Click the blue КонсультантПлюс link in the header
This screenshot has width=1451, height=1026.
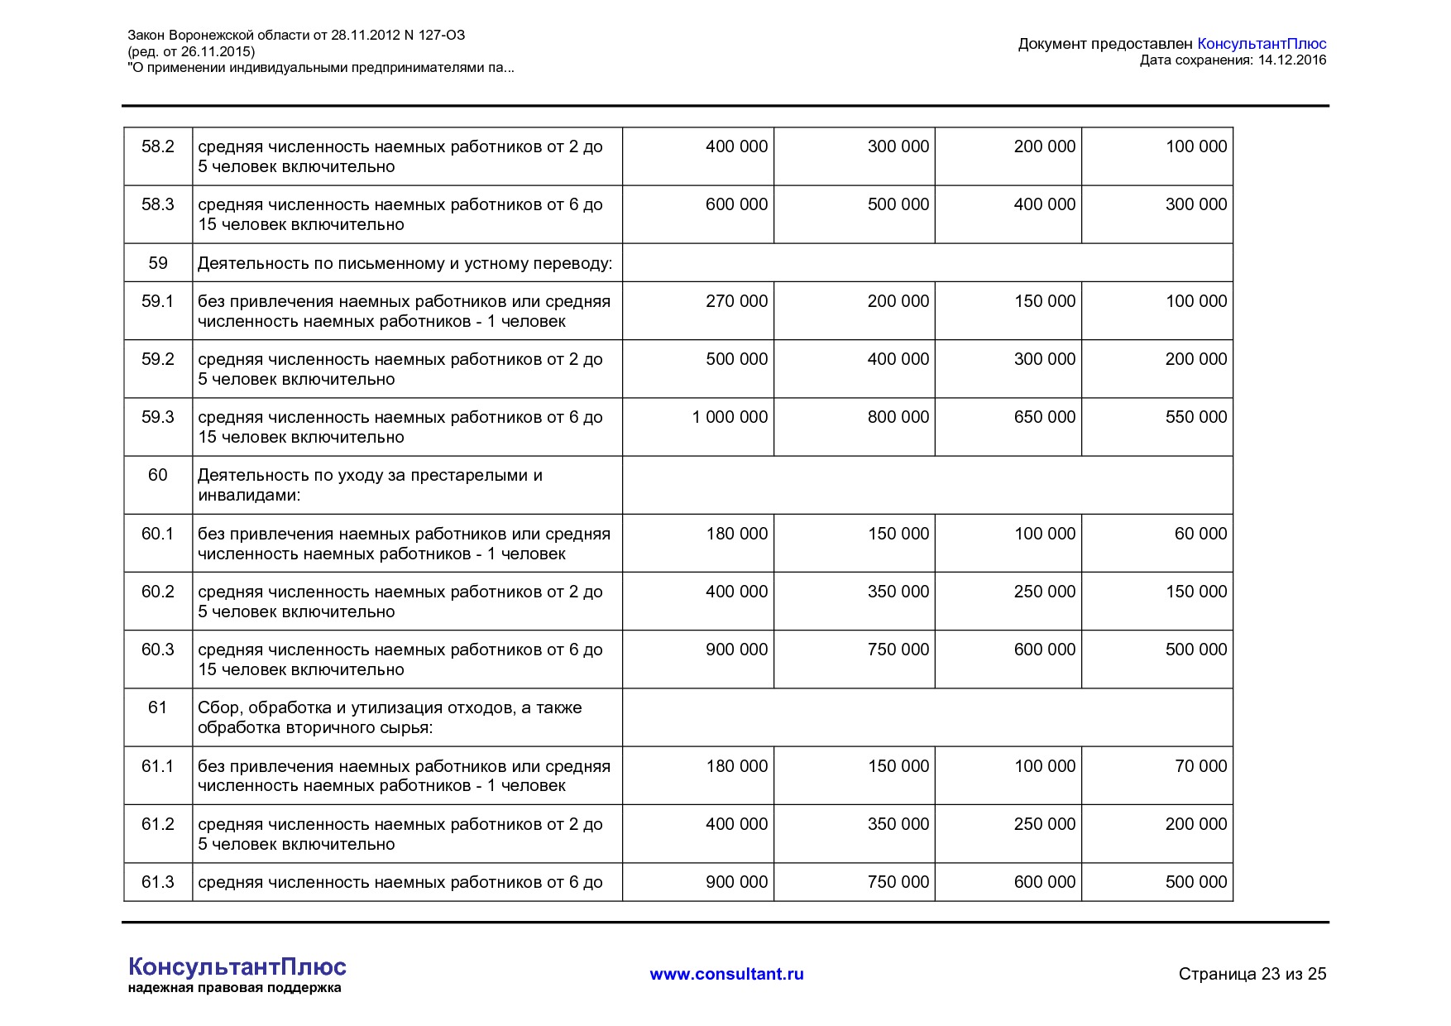(1261, 44)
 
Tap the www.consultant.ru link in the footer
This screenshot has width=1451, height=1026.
(726, 974)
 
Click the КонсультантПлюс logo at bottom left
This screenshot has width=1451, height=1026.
(237, 967)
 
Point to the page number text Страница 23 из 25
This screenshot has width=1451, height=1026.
(1252, 974)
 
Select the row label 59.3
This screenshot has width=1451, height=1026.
(157, 417)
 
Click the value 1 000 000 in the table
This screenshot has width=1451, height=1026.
(730, 417)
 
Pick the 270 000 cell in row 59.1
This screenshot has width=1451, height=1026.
(736, 301)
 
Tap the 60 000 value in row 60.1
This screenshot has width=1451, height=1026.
(1200, 534)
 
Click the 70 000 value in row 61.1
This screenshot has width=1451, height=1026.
(1200, 766)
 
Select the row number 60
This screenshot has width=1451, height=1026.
(157, 475)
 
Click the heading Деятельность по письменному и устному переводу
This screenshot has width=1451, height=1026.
(405, 264)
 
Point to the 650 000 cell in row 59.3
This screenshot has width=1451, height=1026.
(1045, 417)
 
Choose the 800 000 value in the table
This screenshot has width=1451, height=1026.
(898, 417)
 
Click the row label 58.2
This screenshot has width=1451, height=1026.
(157, 146)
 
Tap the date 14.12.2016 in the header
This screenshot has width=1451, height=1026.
(1291, 60)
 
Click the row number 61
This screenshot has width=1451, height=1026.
(157, 707)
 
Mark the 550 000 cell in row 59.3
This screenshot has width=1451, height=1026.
(1196, 417)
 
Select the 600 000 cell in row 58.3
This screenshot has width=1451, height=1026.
(736, 204)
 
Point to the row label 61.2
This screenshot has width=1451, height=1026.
(157, 824)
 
